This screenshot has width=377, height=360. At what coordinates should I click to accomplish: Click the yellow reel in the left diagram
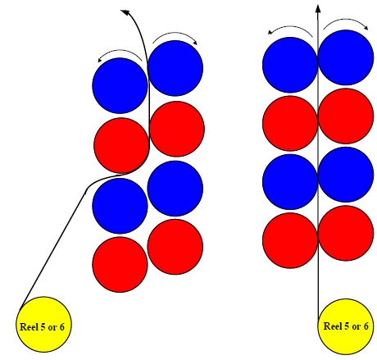tap(43, 324)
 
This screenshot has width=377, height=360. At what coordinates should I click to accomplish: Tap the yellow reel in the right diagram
tap(346, 326)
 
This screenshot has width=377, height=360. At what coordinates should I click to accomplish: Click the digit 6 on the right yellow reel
tap(366, 326)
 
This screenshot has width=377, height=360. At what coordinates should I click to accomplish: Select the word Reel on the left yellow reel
tap(29, 326)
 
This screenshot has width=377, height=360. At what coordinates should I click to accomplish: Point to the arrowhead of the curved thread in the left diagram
tap(125, 12)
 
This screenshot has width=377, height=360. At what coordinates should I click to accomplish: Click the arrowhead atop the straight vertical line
tap(318, 8)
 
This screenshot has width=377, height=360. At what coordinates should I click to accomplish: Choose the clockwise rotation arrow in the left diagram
tap(175, 35)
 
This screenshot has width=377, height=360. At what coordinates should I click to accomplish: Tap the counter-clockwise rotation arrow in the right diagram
tap(290, 27)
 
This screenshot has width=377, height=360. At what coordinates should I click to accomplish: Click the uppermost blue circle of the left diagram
tap(175, 68)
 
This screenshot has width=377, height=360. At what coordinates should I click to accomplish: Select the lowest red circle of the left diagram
tap(120, 265)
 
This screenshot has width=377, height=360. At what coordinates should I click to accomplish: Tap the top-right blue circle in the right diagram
tap(346, 57)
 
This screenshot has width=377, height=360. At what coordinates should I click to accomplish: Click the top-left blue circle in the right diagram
tap(290, 65)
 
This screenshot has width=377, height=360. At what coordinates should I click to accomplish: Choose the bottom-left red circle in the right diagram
tap(290, 240)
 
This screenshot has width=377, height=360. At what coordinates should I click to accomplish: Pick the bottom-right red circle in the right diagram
tap(346, 233)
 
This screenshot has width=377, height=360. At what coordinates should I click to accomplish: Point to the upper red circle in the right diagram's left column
tap(290, 123)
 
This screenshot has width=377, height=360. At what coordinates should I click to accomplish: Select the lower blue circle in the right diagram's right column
tap(346, 175)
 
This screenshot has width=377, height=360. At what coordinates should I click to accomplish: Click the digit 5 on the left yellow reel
tap(43, 326)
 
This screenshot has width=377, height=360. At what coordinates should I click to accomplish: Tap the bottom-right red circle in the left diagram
tap(175, 247)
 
